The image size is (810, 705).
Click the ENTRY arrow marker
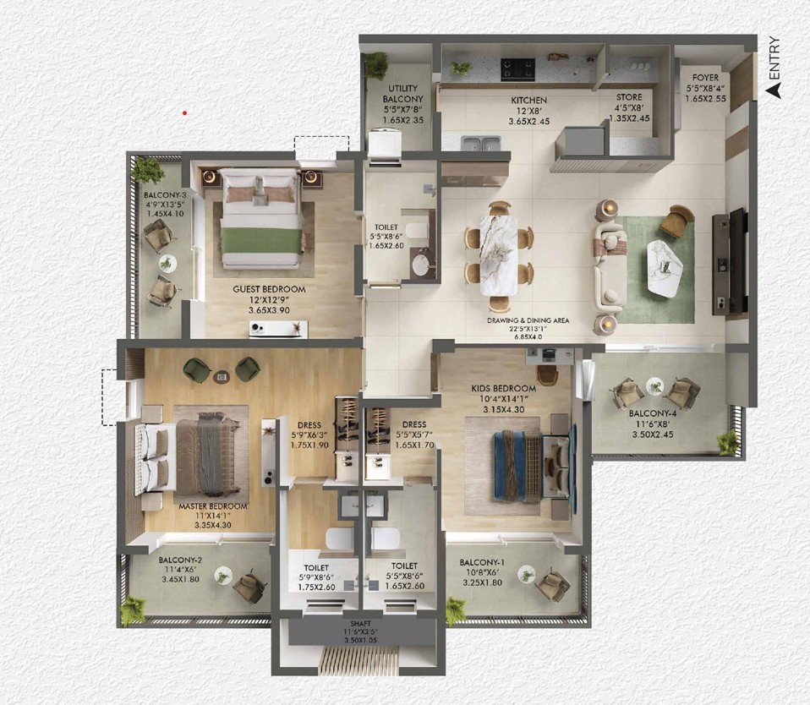773,91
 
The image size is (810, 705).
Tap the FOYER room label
705,78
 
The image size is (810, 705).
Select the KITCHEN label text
529,101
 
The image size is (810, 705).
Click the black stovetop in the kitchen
518,69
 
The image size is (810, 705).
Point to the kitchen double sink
481,144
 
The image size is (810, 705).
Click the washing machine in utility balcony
385,143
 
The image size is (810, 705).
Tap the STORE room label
629,97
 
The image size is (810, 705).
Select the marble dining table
499,255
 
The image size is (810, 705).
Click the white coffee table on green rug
665,269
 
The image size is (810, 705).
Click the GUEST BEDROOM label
269,289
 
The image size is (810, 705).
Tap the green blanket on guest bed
261,241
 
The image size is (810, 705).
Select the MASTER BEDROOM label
213,506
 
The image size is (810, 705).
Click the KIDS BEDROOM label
504,388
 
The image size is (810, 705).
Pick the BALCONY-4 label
653,413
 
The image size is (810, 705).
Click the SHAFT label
361,623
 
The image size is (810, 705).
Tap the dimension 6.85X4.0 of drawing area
527,337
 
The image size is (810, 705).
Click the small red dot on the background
184,112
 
